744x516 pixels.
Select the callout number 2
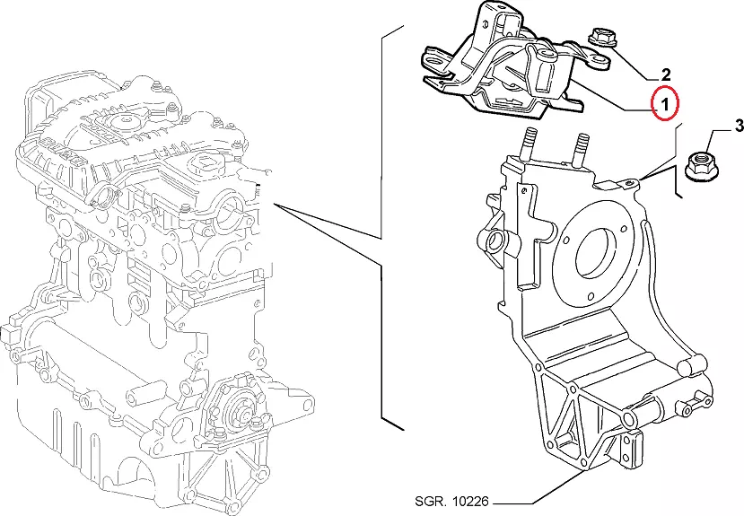(x=665, y=74)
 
